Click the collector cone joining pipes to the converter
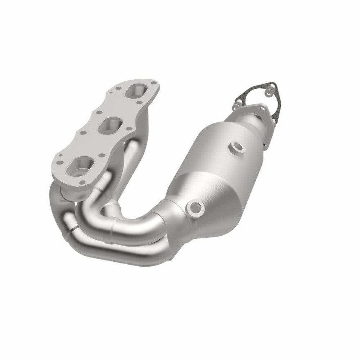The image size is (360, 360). coord(169,216)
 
